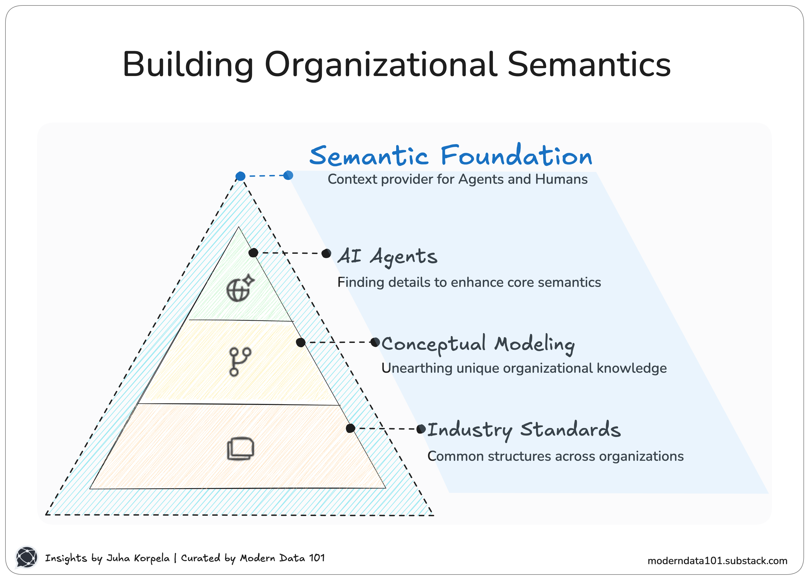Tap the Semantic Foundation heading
[x=451, y=156]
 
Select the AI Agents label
[x=387, y=256]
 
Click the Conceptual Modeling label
[x=478, y=344]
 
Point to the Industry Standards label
[x=524, y=429]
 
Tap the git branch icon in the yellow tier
[x=240, y=362]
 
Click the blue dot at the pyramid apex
[x=240, y=176]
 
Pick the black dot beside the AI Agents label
[x=326, y=253]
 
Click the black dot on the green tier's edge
[x=253, y=253]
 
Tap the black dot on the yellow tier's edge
[x=301, y=343]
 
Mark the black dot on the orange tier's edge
[x=350, y=428]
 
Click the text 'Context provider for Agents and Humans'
[x=457, y=179]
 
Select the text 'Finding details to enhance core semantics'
[x=469, y=282]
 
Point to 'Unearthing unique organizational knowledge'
[x=524, y=368]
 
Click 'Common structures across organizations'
[x=555, y=456]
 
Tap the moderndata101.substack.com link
[x=717, y=561]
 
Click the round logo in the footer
[x=27, y=557]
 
